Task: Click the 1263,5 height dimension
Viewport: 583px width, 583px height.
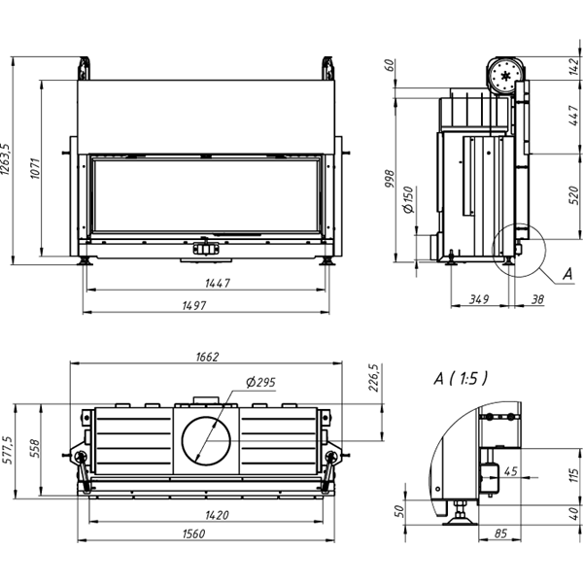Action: coord(7,159)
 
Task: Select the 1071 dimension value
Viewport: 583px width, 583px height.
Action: coord(35,170)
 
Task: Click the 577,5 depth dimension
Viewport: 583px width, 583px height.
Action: coord(8,450)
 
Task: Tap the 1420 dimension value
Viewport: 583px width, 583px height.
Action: coord(217,514)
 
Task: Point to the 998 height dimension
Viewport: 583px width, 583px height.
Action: coord(391,180)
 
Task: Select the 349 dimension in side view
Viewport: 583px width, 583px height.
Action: coord(477,298)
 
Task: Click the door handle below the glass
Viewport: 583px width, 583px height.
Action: coord(207,249)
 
